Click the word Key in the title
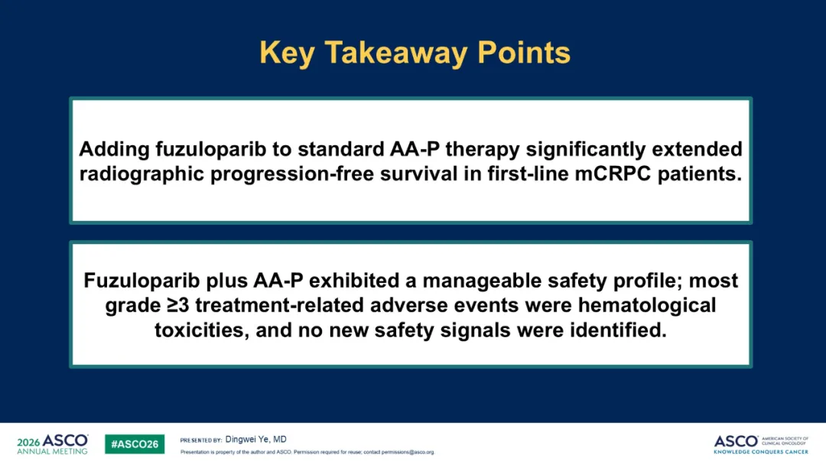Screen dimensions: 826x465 (x=287, y=54)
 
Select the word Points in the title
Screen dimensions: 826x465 (x=524, y=53)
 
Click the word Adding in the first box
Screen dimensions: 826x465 (x=114, y=150)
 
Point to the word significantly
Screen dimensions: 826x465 (x=586, y=150)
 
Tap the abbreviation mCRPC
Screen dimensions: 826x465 (x=613, y=174)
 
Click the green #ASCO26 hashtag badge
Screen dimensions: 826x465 (x=135, y=444)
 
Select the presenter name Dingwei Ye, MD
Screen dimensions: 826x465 (x=256, y=439)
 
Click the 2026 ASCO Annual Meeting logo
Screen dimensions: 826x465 (x=53, y=444)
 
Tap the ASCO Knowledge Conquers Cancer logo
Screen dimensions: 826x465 (x=761, y=444)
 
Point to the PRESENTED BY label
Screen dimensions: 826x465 (x=200, y=441)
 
